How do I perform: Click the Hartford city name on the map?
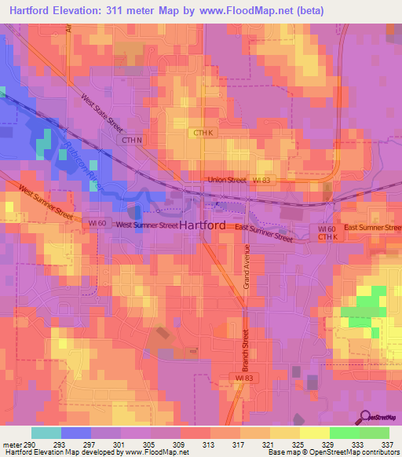coord(203,225)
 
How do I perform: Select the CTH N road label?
coord(130,140)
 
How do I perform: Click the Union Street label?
coord(226,180)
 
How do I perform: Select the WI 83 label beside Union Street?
coord(261,180)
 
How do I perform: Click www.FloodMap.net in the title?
coord(256,9)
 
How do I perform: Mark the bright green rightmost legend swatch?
coord(375,433)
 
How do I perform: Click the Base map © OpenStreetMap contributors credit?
coord(332,452)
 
